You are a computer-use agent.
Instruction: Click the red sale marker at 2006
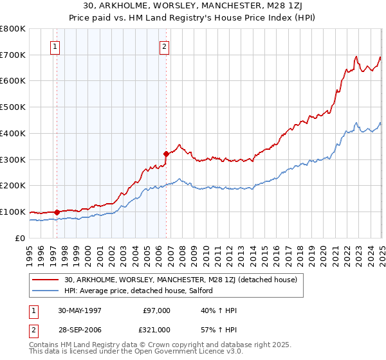click(x=166, y=154)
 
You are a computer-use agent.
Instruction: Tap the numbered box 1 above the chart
click(x=55, y=46)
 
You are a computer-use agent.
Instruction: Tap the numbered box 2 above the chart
click(x=165, y=46)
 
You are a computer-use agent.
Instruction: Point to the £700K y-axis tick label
click(x=13, y=55)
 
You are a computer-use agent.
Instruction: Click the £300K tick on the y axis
click(x=13, y=159)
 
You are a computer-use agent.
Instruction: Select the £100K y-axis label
click(x=13, y=212)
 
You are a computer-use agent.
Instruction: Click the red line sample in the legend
click(x=46, y=280)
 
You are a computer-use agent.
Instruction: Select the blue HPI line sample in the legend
click(x=46, y=291)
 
